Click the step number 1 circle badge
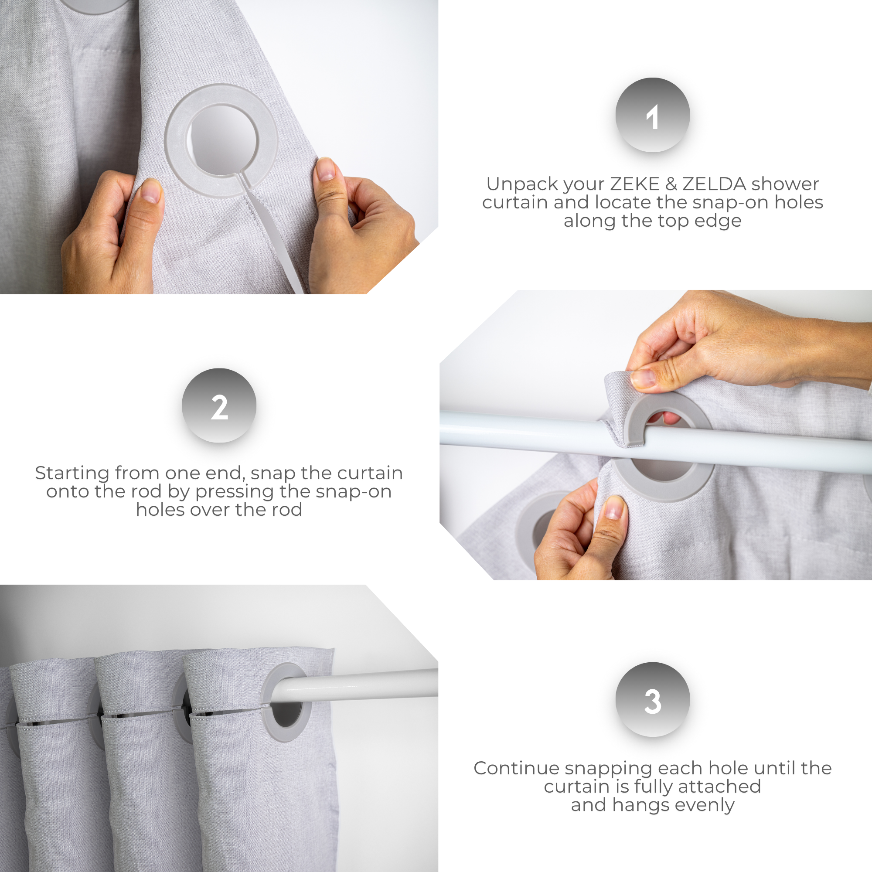point(652,115)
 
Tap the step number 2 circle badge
point(219,405)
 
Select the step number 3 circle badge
point(652,699)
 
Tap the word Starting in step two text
point(72,473)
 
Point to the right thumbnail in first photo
point(325,169)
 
